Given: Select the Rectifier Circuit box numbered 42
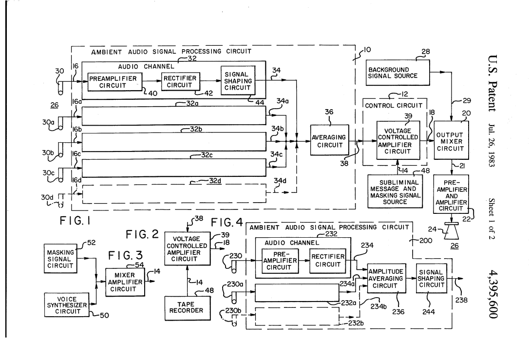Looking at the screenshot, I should click(x=180, y=81).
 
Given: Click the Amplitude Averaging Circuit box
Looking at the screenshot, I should click(x=385, y=279).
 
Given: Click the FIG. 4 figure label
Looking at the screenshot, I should click(x=227, y=223).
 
